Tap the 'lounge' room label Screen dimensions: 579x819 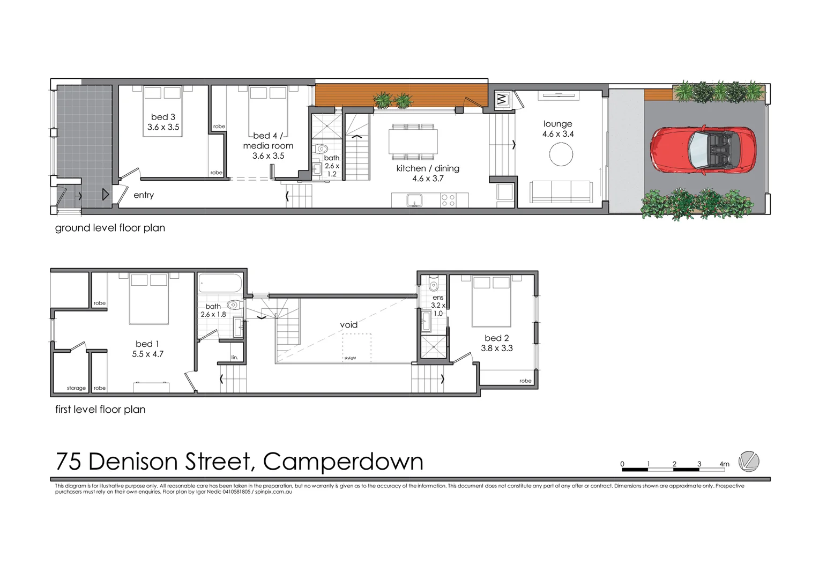tap(557, 124)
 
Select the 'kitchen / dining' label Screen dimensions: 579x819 tap(428, 168)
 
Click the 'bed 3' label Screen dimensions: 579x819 tap(163, 117)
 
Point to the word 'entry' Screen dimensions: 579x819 tap(144, 195)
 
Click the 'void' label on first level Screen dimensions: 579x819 tap(348, 325)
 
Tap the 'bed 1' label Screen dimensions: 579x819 tap(147, 344)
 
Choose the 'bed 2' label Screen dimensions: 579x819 tap(496, 338)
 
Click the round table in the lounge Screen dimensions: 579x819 tap(561, 154)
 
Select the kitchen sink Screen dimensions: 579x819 tap(414, 201)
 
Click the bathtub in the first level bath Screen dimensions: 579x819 tap(220, 283)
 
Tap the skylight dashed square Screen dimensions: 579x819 tap(356, 347)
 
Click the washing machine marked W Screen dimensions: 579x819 tap(502, 99)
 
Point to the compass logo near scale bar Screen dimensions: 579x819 tap(748, 462)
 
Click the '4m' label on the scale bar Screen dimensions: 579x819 tap(724, 464)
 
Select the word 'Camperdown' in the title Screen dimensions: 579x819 tap(343, 462)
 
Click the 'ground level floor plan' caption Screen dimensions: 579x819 tap(110, 228)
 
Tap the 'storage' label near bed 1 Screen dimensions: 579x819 tap(76, 388)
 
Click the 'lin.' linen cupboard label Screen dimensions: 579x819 tap(234, 358)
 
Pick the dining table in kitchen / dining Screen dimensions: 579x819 tap(413, 142)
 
